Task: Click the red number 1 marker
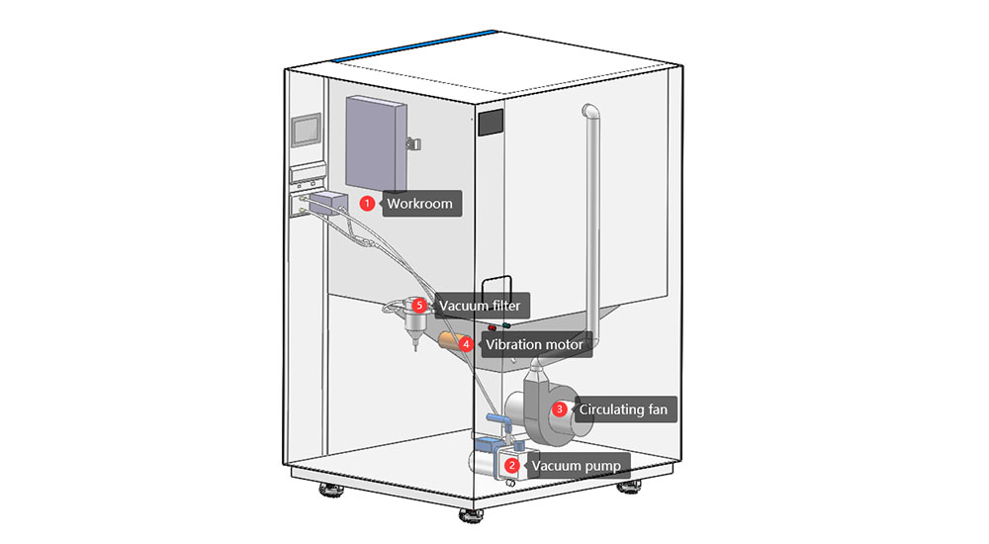click(x=367, y=204)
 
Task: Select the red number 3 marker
click(x=559, y=408)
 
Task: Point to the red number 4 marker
click(x=465, y=345)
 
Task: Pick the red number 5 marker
click(x=420, y=306)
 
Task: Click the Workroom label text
click(x=419, y=204)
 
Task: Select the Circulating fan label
click(x=622, y=408)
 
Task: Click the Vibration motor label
click(x=533, y=345)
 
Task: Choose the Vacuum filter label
click(x=480, y=306)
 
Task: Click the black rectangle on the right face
click(x=492, y=123)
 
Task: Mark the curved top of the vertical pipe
click(x=590, y=111)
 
